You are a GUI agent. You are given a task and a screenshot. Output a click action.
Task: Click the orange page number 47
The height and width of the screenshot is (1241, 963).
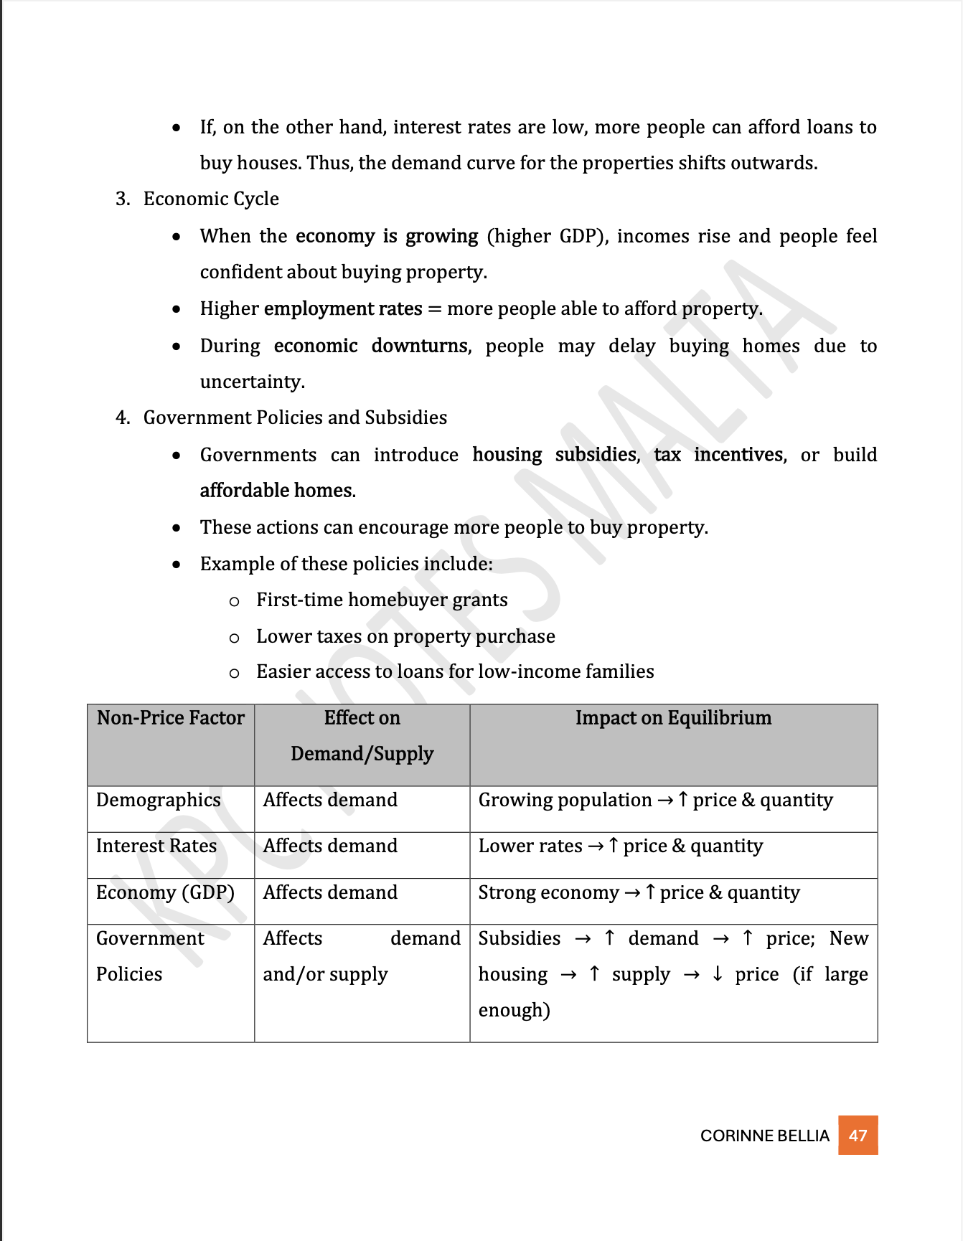(858, 1136)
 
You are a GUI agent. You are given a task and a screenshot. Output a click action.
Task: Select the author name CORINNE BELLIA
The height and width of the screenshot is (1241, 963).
(764, 1136)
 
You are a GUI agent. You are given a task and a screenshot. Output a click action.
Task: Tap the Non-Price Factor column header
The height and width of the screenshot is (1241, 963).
(171, 718)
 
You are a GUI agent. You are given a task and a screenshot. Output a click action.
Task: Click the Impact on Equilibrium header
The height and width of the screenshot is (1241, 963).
(673, 718)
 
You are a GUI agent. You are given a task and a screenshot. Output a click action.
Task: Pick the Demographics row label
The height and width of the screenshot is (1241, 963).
(159, 800)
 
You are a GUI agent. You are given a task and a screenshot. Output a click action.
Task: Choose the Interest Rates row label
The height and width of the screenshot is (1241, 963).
(156, 846)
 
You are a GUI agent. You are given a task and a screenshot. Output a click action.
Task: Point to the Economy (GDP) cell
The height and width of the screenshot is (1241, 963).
(165, 892)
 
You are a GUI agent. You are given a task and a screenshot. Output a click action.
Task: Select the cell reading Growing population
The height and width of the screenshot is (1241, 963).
(655, 800)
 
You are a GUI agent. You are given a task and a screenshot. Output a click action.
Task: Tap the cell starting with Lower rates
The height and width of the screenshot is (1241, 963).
(620, 846)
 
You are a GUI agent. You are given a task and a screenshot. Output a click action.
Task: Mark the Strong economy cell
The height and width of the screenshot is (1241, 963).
(639, 892)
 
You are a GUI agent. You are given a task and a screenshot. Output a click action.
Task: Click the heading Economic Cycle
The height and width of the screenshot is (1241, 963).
(211, 199)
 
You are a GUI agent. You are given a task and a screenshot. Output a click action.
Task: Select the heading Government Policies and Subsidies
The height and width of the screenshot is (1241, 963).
(295, 417)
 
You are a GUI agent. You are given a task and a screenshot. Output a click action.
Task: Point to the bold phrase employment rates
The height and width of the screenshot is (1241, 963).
(343, 308)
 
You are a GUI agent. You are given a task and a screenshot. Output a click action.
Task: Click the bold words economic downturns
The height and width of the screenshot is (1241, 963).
(370, 346)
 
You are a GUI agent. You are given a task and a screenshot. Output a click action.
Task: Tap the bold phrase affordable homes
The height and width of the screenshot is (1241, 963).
(277, 491)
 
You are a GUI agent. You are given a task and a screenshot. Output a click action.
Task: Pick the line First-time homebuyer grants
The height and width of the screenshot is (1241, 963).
(382, 600)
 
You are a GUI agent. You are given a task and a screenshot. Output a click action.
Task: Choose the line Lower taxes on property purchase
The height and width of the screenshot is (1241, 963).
(405, 636)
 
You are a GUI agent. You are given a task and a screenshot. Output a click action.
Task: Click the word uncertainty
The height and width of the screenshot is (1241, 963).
(252, 382)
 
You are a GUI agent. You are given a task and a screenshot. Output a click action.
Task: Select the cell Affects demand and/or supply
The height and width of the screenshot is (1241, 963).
(361, 956)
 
